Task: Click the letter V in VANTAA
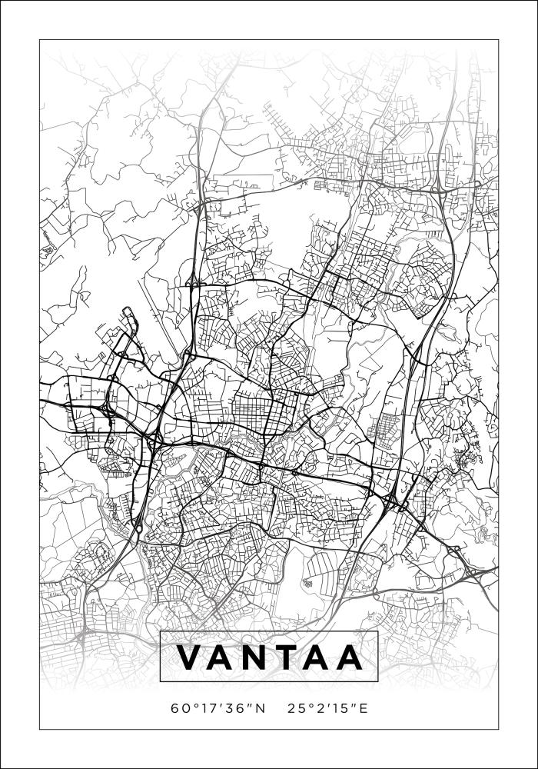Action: coord(190,657)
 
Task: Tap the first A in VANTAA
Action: coord(225,657)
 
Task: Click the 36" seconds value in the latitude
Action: coord(234,707)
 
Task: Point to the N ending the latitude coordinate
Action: coord(259,707)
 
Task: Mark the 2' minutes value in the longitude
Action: coord(317,707)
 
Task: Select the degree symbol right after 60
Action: coord(192,704)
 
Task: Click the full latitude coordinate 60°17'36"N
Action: coord(219,707)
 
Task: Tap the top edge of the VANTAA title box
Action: coord(269,631)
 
